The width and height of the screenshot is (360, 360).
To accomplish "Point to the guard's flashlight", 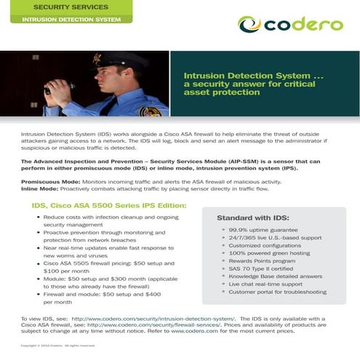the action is click(52, 90).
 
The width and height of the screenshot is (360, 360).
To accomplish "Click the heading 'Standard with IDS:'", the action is click(253, 217).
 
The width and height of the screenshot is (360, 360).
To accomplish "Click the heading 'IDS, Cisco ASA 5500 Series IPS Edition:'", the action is click(108, 206).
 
